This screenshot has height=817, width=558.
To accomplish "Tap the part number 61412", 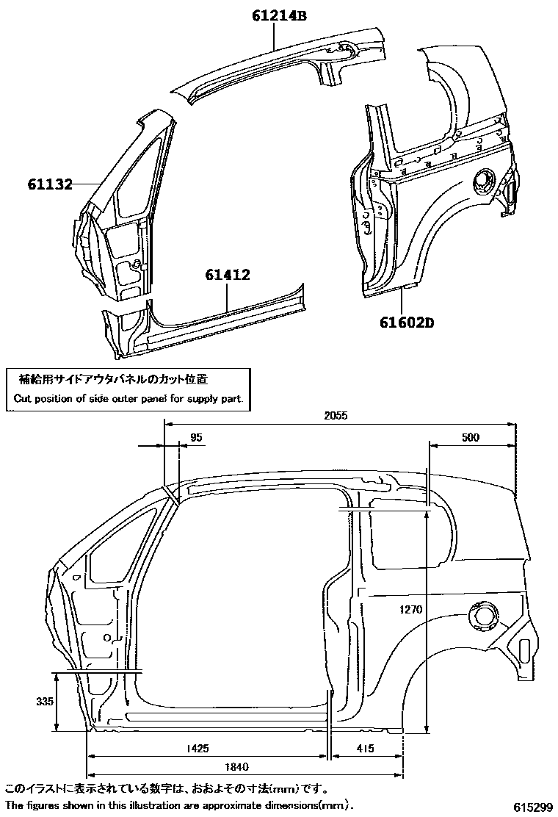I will click(x=228, y=276).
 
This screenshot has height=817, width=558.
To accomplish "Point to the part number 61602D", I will click(x=407, y=322).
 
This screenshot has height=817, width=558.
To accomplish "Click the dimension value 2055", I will click(x=336, y=415).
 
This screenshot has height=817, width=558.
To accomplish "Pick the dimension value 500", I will click(x=471, y=437).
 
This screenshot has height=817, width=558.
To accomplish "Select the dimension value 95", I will click(x=195, y=437).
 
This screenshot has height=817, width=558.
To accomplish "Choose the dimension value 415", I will click(x=365, y=749).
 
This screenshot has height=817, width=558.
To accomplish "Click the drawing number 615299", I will click(x=532, y=807).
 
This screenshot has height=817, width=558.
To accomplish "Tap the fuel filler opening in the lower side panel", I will click(x=482, y=616).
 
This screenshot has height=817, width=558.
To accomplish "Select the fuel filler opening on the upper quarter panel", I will click(x=484, y=181).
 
